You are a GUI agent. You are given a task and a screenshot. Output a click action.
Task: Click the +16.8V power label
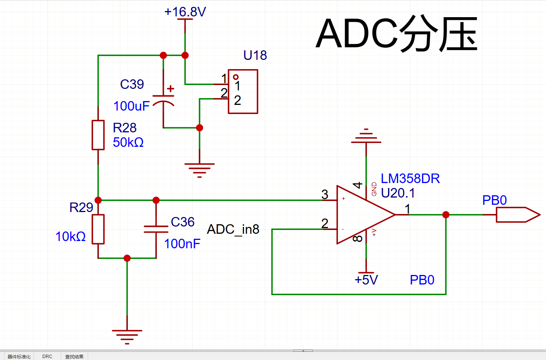tap(185, 12)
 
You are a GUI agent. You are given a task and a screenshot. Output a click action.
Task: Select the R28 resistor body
tap(98, 135)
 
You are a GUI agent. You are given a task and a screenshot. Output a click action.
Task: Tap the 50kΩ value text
tap(128, 142)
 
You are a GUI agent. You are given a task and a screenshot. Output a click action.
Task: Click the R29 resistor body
tap(98, 229)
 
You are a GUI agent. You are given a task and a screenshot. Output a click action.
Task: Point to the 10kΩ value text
tap(71, 236)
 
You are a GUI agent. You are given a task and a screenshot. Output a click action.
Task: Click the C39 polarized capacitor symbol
tap(164, 100)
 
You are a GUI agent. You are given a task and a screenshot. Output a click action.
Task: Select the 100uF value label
tap(131, 106)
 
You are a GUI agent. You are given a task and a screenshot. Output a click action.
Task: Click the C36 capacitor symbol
tap(156, 229)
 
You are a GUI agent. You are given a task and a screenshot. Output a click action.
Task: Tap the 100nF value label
tap(182, 244)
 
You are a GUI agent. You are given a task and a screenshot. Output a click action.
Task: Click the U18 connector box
tap(243, 92)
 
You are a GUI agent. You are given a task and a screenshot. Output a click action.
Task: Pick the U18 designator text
tap(255, 55)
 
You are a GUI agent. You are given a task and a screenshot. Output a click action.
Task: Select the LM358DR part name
tap(410, 178)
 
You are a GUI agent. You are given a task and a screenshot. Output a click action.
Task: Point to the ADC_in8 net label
tap(233, 229)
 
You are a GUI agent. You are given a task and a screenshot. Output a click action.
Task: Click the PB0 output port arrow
tap(518, 215)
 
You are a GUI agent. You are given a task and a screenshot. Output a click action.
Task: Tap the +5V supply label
tap(366, 280)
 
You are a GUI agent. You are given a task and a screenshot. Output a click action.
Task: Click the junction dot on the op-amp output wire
tap(446, 215)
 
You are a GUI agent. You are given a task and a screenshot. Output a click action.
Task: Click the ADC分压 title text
tap(397, 34)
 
